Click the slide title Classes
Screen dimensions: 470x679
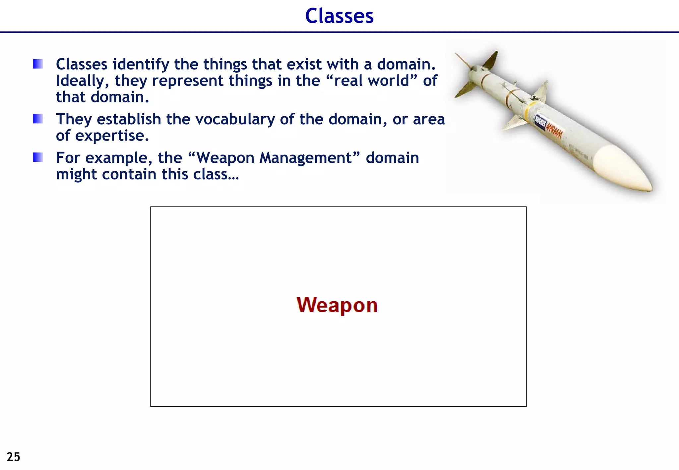pyautogui.click(x=339, y=16)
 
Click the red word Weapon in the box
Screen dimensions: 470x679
pyautogui.click(x=337, y=305)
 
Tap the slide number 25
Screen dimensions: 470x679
pyautogui.click(x=13, y=457)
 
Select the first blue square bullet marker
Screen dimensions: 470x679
pyautogui.click(x=38, y=64)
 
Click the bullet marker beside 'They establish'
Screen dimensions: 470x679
pyautogui.click(x=38, y=119)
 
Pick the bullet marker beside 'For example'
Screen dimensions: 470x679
pyautogui.click(x=38, y=157)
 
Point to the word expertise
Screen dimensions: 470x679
pyautogui.click(x=112, y=136)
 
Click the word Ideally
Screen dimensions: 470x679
pyautogui.click(x=82, y=81)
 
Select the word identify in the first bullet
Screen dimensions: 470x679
pyautogui.click(x=141, y=64)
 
